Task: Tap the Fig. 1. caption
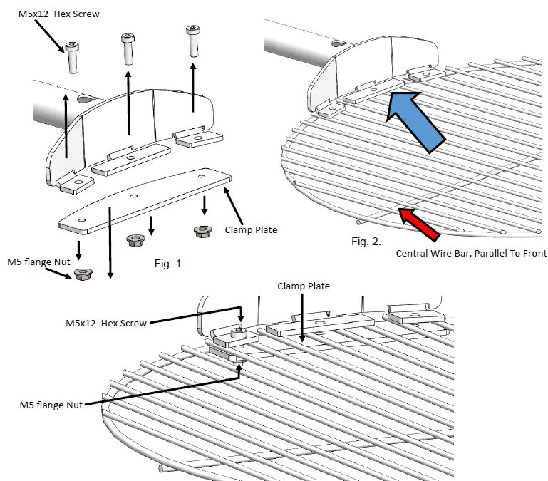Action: pos(170,264)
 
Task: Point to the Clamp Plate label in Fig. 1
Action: pos(249,230)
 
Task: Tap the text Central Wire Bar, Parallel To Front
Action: pos(471,253)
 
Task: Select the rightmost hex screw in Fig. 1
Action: pos(192,39)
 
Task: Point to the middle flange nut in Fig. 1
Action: pos(135,240)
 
